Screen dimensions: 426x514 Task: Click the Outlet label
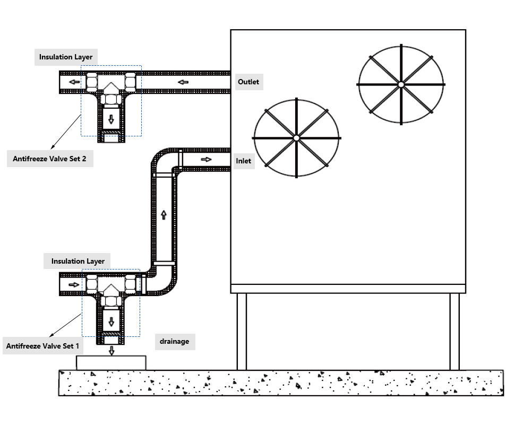(x=249, y=82)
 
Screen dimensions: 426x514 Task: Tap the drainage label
(x=174, y=342)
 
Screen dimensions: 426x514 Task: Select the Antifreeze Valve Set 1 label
(x=42, y=346)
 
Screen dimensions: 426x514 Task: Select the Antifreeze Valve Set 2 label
(x=49, y=158)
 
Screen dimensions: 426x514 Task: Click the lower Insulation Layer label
(x=78, y=261)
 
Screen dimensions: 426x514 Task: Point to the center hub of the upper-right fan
(x=401, y=84)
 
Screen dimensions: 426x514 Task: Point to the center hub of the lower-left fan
(x=296, y=138)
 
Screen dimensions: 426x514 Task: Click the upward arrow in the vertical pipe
(x=164, y=214)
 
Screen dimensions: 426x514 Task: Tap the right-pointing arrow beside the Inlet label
(x=206, y=159)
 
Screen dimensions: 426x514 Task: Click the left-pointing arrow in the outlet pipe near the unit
(x=183, y=82)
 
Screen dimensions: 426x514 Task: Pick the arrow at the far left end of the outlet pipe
(x=75, y=82)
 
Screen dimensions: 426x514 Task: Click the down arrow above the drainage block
(x=111, y=350)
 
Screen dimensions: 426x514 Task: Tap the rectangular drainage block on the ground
(x=111, y=363)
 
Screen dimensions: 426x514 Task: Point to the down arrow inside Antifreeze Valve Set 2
(x=111, y=119)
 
